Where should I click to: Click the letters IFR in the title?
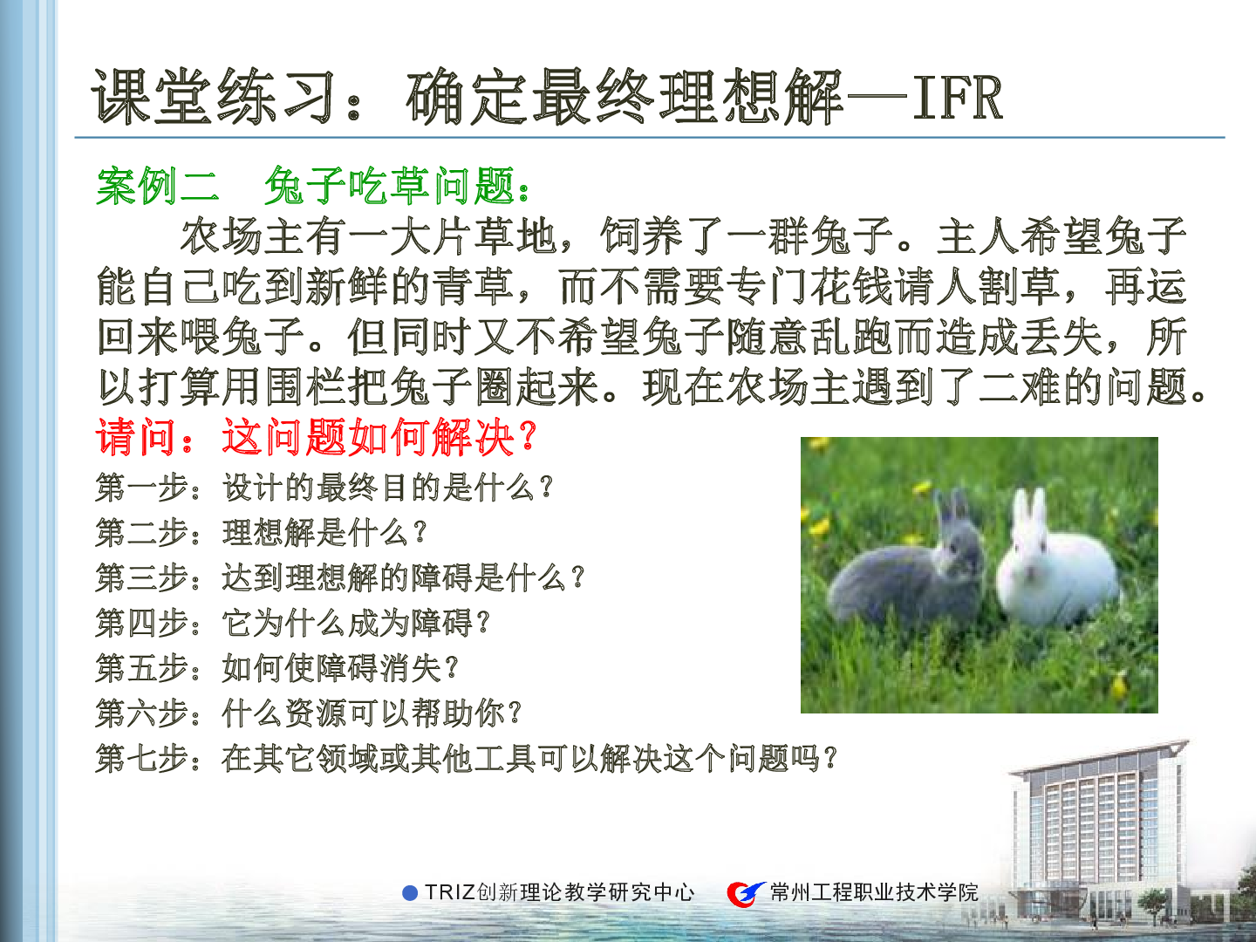958,98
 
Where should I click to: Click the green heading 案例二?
157,187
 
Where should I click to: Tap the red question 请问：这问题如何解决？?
317,438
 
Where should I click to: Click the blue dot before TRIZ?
410,893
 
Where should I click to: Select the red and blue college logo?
745,893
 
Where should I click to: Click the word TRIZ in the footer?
450,893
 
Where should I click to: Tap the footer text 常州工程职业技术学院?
874,893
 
